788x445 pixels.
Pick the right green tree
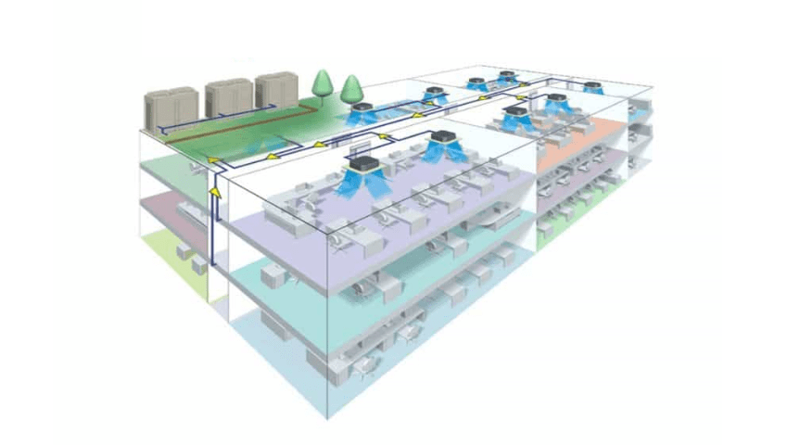350,91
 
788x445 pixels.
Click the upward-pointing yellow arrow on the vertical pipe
215,192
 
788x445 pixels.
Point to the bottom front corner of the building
325,417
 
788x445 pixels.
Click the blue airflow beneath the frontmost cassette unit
363,186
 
